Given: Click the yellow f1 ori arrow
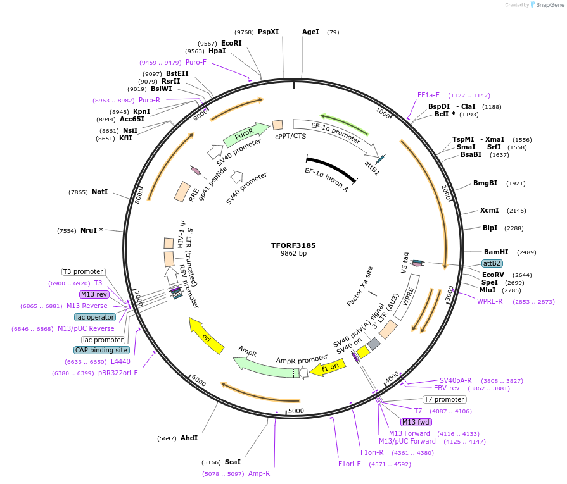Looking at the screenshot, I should click(329, 368).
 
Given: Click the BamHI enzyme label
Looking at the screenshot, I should click(496, 252).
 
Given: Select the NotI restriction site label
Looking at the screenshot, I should click(99, 192).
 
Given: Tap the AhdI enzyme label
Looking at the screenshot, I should click(189, 438).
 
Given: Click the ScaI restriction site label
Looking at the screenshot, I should click(233, 462).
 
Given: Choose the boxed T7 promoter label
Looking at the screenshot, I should click(444, 399).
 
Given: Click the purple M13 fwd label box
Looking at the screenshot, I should click(416, 422).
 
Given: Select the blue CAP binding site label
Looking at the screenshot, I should click(101, 350).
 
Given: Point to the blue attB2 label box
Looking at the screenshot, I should click(492, 263).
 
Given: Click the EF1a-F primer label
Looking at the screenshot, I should click(428, 95).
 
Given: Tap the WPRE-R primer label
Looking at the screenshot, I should click(490, 301).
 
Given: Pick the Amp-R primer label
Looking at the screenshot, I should click(259, 473).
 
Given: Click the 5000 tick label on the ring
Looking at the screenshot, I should click(296, 410).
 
